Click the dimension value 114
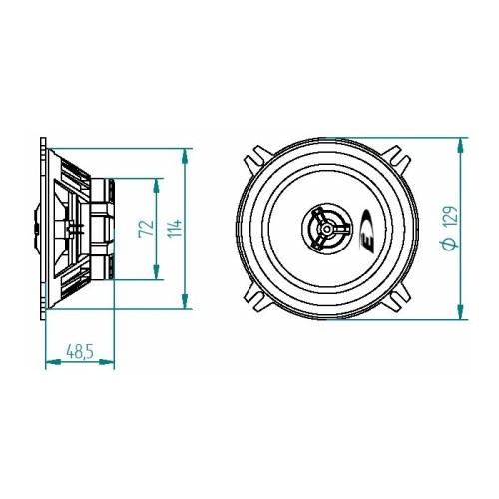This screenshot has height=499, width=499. pyautogui.click(x=175, y=230)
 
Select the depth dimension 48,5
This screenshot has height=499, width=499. pyautogui.click(x=80, y=352)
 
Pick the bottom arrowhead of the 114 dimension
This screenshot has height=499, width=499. pyautogui.click(x=186, y=304)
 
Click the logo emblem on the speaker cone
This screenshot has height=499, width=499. pyautogui.click(x=363, y=231)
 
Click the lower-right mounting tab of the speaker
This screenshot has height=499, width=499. pyautogui.click(x=401, y=298)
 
